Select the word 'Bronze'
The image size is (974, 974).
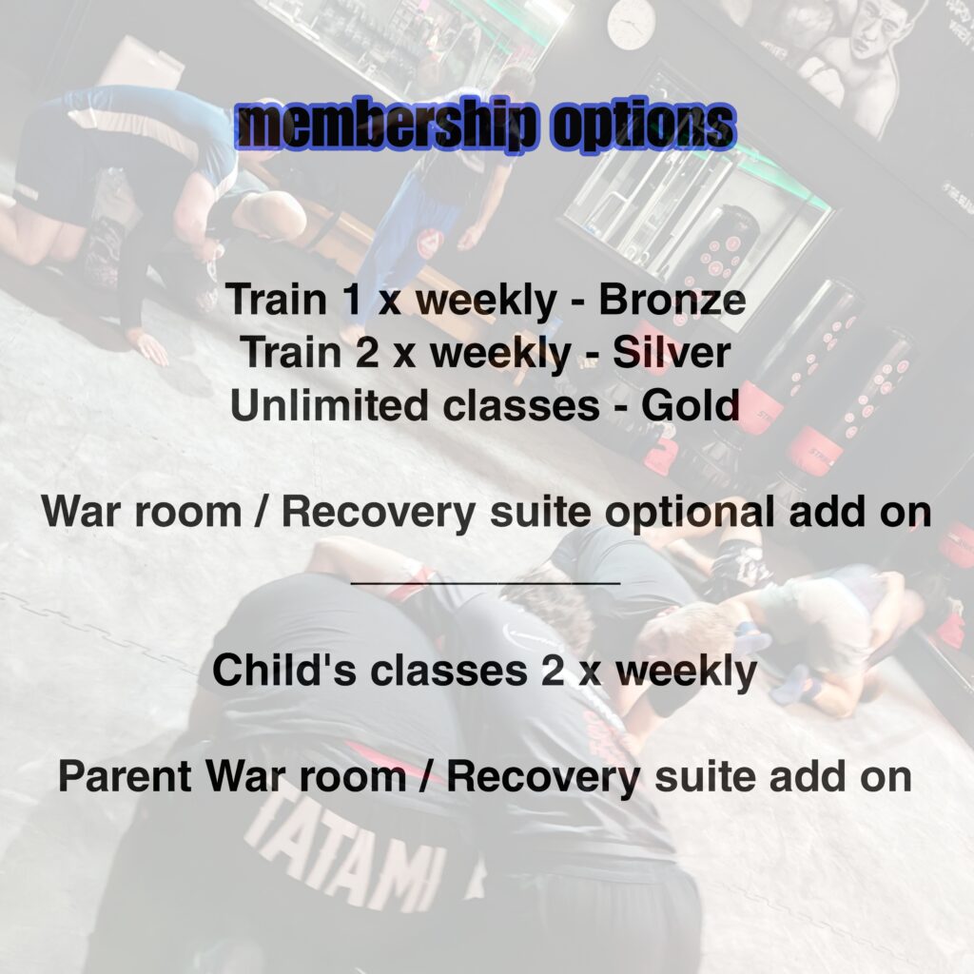(672, 300)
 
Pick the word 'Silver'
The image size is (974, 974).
(671, 352)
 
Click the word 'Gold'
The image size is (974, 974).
(691, 405)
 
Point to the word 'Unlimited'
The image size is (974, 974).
(329, 405)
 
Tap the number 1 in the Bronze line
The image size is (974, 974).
(353, 300)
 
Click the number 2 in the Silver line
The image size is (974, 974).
(366, 352)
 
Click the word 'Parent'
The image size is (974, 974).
(125, 776)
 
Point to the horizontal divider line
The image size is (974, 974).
(486, 583)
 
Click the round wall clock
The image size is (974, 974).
(632, 23)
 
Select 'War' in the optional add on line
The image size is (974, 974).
(81, 513)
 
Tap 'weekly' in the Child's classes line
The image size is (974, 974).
(687, 672)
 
